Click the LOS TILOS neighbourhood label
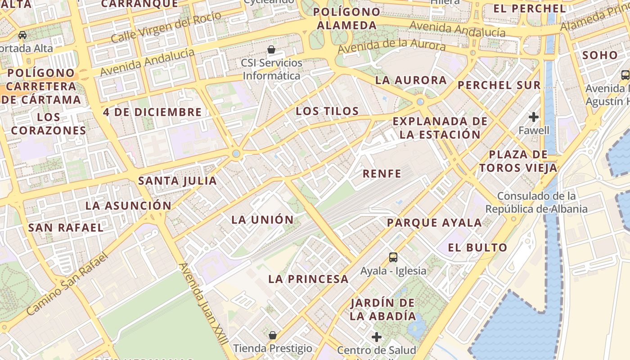pyautogui.click(x=327, y=111)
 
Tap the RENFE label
pyautogui.click(x=382, y=174)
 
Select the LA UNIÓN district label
pyautogui.click(x=262, y=220)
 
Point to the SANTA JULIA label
pyautogui.click(x=177, y=181)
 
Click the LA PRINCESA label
pyautogui.click(x=308, y=279)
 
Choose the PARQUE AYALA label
pyautogui.click(x=434, y=223)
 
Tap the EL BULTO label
pyautogui.click(x=477, y=247)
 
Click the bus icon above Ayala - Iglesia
pyautogui.click(x=393, y=257)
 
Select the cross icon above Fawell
pyautogui.click(x=534, y=117)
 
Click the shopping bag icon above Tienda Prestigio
pyautogui.click(x=272, y=335)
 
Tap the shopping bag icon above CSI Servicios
pyautogui.click(x=271, y=49)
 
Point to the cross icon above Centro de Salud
pyautogui.click(x=377, y=337)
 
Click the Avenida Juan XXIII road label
pyautogui.click(x=203, y=304)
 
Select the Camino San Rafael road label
pyautogui.click(x=67, y=284)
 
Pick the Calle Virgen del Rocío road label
pyautogui.click(x=166, y=27)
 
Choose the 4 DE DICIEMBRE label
pyautogui.click(x=152, y=112)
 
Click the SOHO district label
pyautogui.click(x=600, y=55)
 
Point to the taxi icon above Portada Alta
pyautogui.click(x=22, y=35)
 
